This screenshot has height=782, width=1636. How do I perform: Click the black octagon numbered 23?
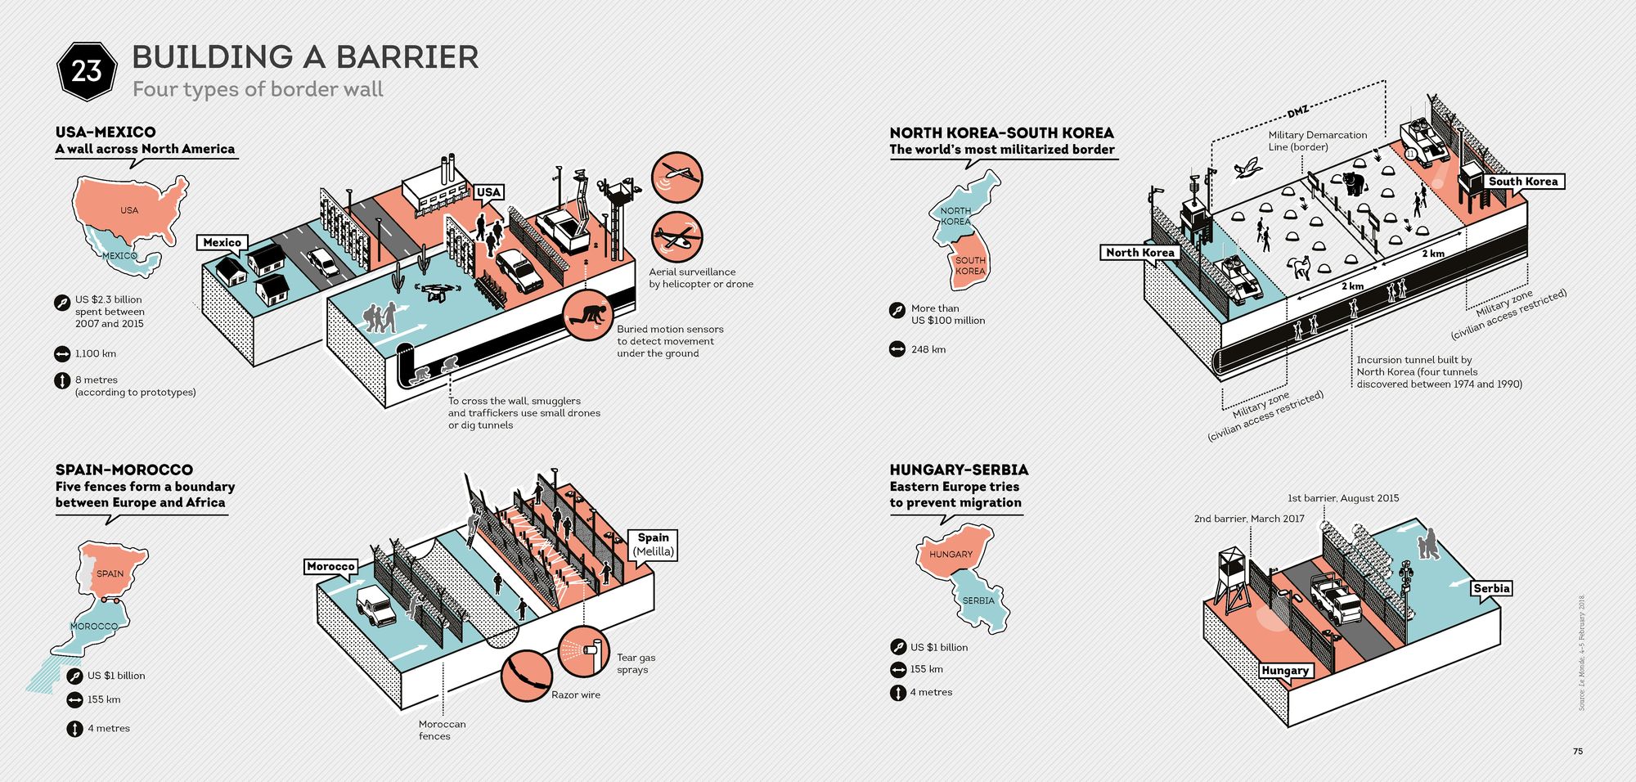point(86,71)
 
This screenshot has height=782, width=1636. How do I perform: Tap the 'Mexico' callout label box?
point(222,243)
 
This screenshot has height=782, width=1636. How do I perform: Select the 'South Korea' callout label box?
point(1522,182)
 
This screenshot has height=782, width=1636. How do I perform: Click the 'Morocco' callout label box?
point(330,566)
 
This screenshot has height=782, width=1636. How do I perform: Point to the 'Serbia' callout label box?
point(1491,588)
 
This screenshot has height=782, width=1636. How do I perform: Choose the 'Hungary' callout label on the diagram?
point(1285,671)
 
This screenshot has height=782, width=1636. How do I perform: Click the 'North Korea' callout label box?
point(1139,253)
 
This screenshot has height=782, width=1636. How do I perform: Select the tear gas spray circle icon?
point(584,650)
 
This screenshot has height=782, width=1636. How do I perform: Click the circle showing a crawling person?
point(588,314)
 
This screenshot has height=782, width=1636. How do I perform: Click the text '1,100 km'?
point(96,354)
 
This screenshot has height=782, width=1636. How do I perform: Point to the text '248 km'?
point(928,349)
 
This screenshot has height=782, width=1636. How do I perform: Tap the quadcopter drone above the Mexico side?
point(433,291)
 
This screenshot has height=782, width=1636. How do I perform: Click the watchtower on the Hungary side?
point(1231,577)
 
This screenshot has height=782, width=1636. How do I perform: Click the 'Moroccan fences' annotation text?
point(442,730)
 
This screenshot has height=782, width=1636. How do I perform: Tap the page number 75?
point(1578,751)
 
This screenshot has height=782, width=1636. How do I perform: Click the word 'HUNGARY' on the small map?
point(951,555)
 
